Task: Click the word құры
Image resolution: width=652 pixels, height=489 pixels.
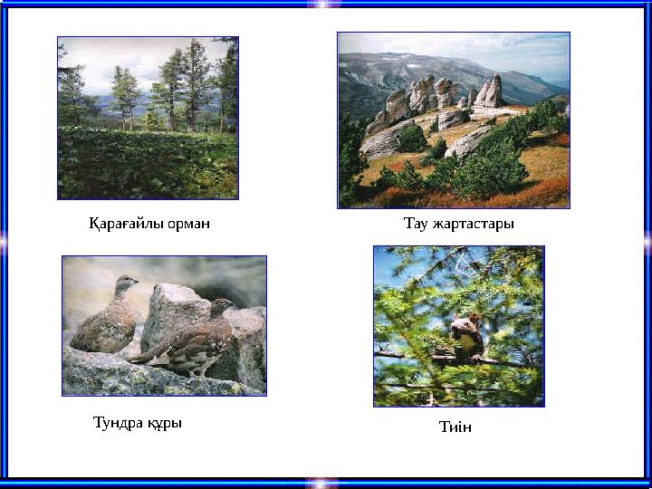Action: click(x=164, y=423)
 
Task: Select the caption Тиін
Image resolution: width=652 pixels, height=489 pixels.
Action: click(x=455, y=427)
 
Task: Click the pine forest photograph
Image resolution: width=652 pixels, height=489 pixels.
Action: click(x=148, y=118)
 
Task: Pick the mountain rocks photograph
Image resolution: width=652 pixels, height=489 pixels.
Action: click(x=453, y=120)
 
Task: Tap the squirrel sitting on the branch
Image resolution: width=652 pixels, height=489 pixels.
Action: click(x=465, y=335)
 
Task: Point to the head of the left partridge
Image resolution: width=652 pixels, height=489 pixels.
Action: click(x=127, y=283)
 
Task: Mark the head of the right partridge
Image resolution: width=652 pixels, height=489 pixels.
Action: click(x=221, y=306)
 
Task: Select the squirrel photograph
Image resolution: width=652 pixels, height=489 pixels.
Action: click(x=458, y=326)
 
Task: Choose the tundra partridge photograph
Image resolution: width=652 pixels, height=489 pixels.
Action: click(x=164, y=326)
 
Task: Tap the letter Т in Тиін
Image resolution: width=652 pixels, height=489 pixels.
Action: click(x=444, y=427)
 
